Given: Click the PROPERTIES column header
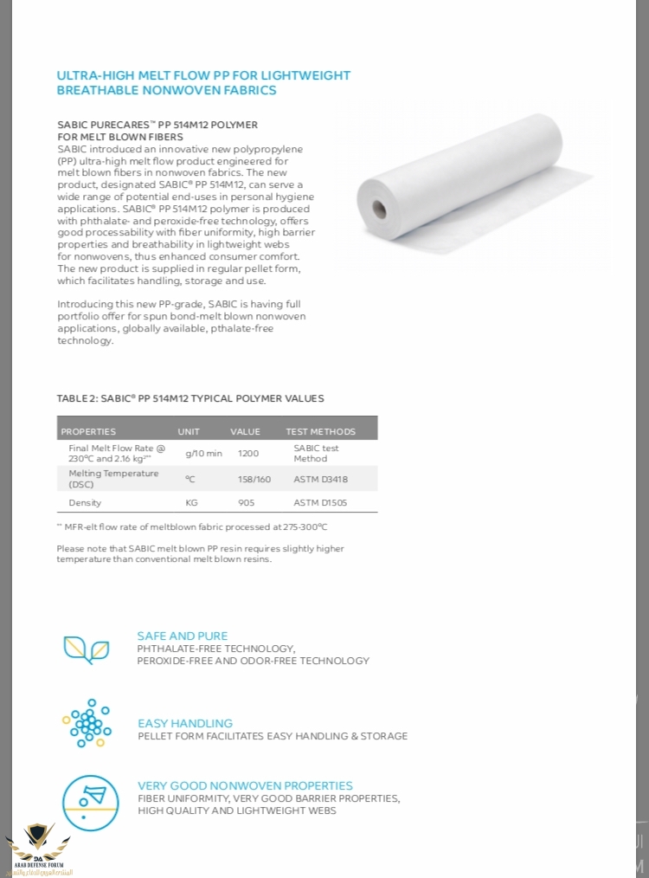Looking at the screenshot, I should point(87,431).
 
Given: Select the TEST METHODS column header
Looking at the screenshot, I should point(320,431).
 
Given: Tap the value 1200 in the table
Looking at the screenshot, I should point(248,453).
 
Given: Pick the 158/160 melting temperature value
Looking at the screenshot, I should point(254,479).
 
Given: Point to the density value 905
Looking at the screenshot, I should point(247,502).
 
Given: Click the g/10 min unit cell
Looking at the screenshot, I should point(203,453).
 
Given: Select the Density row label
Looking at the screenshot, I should point(85,502).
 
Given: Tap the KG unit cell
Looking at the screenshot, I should point(192,502).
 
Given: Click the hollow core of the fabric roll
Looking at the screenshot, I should point(379,208).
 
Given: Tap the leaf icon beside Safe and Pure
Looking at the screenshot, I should point(86,649).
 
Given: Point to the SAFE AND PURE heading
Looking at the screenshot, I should point(182,636).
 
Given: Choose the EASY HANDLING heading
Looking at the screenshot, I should point(185,723).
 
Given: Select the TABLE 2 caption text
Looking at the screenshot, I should point(190,398).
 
